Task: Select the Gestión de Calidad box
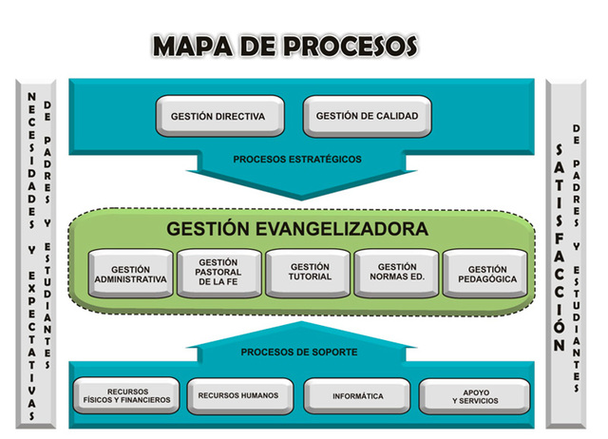click(367, 117)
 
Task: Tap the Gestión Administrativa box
click(130, 274)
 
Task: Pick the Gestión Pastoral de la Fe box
click(219, 272)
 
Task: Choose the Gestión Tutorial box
click(310, 272)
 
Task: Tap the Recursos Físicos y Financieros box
click(125, 395)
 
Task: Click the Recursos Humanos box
click(240, 395)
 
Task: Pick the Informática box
click(357, 395)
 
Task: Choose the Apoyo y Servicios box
click(472, 395)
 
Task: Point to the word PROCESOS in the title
click(351, 45)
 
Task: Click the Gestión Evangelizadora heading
click(297, 229)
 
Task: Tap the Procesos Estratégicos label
click(296, 160)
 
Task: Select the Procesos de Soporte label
click(298, 352)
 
